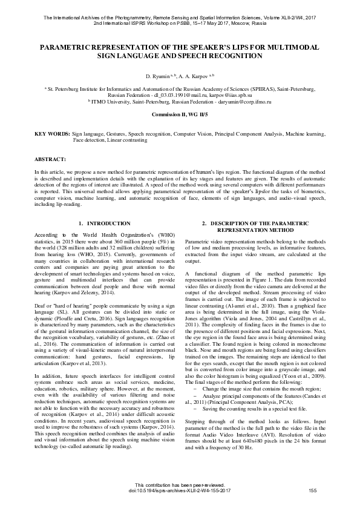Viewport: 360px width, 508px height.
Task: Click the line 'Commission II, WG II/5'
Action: coord(180,114)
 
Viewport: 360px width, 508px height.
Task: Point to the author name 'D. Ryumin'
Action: coord(157,78)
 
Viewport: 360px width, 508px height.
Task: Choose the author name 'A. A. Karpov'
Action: coord(191,78)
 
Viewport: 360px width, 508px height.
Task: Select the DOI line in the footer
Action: coord(179,490)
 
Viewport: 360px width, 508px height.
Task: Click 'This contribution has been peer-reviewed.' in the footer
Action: coord(180,485)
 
